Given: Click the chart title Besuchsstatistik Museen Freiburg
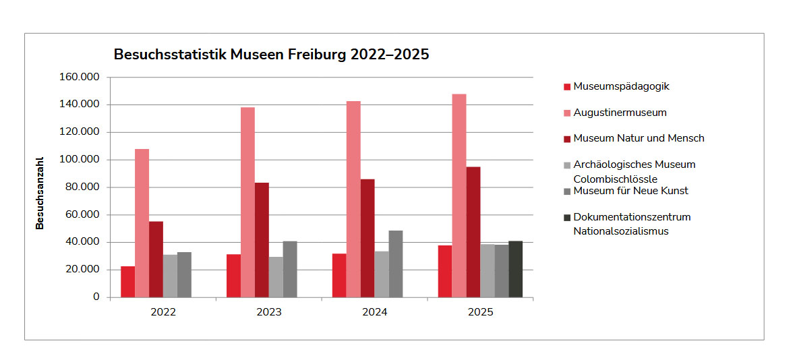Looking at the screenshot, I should pyautogui.click(x=271, y=55).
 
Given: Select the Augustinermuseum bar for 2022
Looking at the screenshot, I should pyautogui.click(x=142, y=222).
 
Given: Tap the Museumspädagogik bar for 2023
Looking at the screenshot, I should pyautogui.click(x=233, y=275).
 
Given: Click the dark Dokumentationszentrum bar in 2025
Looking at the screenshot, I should pyautogui.click(x=515, y=268).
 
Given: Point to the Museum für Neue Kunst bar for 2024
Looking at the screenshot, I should pyautogui.click(x=396, y=264).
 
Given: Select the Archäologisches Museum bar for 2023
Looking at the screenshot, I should pyautogui.click(x=276, y=276).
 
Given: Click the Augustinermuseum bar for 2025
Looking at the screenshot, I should pyautogui.click(x=459, y=196).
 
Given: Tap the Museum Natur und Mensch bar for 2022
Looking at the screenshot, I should pyautogui.click(x=156, y=259).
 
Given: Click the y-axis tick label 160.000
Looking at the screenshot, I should pyautogui.click(x=80, y=78).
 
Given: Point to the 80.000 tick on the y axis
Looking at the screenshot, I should pyautogui.click(x=82, y=187).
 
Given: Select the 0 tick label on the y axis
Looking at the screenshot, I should pyautogui.click(x=96, y=297).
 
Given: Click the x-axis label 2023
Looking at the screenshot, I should pyautogui.click(x=269, y=313).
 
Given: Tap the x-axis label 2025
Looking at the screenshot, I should pyautogui.click(x=480, y=313).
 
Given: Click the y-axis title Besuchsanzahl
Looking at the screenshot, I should pyautogui.click(x=40, y=194).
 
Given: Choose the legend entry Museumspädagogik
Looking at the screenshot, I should pyautogui.click(x=621, y=86).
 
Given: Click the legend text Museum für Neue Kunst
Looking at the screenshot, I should pyautogui.click(x=630, y=191).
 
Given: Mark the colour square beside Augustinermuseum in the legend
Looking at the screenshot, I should pyautogui.click(x=567, y=113).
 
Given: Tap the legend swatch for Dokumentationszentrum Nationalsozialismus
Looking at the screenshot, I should pyautogui.click(x=567, y=218).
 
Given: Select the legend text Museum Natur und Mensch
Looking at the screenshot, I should pyautogui.click(x=639, y=138).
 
